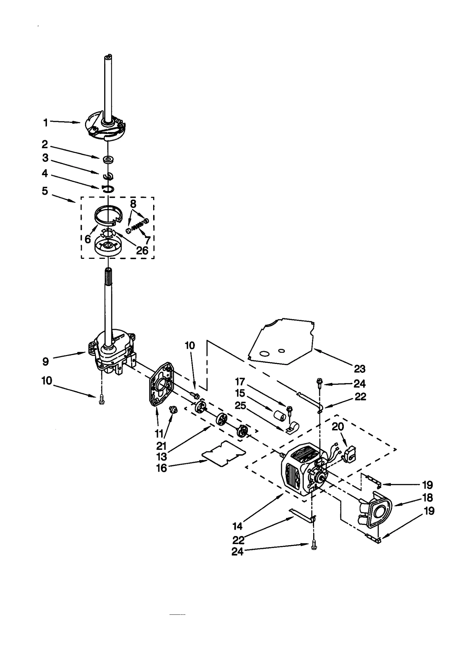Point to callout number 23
point(360,369)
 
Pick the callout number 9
point(46,361)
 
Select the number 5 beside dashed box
point(45,191)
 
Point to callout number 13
point(161,456)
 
